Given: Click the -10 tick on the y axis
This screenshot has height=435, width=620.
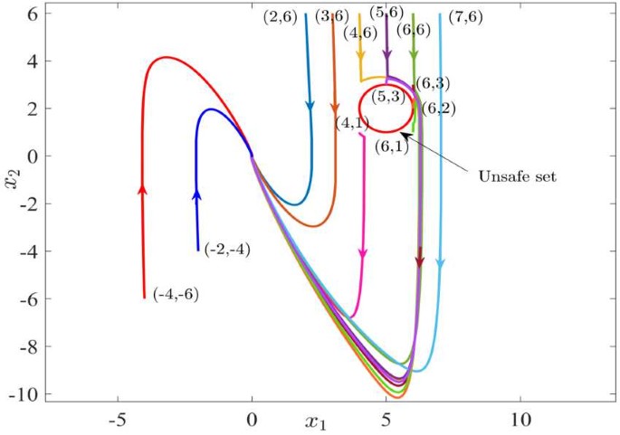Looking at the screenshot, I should pyautogui.click(x=20, y=394).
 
